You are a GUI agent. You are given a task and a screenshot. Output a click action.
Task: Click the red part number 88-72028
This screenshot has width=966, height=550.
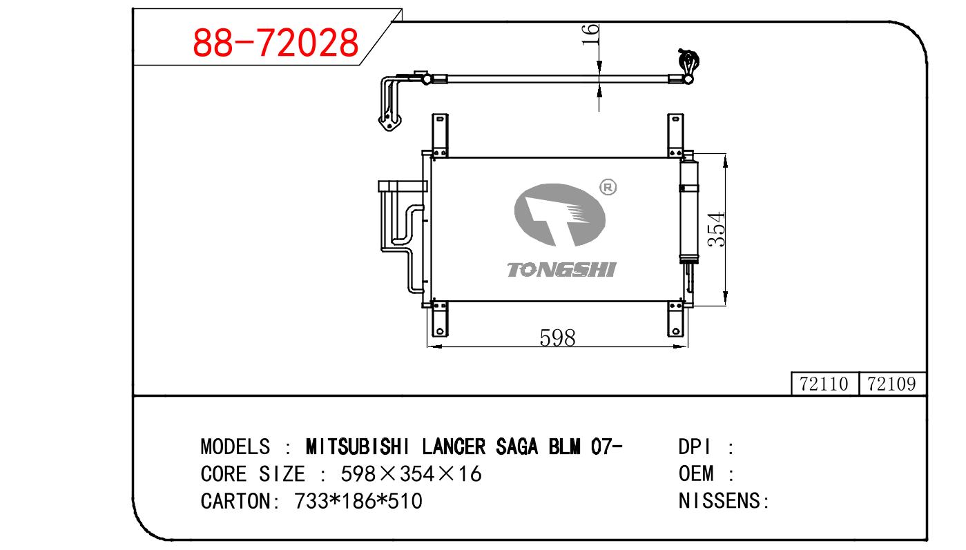(276, 43)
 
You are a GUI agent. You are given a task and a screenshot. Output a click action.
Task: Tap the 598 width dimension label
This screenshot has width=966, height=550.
(557, 337)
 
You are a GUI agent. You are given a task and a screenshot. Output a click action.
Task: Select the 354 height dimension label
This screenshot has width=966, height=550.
(717, 229)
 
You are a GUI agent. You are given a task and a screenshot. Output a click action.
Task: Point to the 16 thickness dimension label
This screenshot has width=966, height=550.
(590, 35)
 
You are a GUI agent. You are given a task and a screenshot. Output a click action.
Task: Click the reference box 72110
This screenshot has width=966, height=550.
(824, 384)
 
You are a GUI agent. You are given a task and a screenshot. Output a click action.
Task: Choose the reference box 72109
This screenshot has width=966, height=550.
(892, 384)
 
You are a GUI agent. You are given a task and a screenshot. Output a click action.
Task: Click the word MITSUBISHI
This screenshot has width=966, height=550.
(358, 446)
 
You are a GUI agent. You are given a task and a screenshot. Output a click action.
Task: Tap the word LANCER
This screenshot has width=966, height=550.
(454, 446)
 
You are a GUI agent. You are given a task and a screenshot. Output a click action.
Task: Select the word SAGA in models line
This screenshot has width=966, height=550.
(516, 446)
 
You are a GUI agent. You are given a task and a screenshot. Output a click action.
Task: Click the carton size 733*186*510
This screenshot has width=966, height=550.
(358, 501)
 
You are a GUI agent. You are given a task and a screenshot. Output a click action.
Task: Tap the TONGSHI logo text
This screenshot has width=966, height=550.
(561, 270)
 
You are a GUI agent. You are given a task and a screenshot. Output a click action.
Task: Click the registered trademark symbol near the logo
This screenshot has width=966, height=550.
(608, 188)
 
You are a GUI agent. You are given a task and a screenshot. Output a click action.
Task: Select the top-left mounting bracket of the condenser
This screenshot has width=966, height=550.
(440, 135)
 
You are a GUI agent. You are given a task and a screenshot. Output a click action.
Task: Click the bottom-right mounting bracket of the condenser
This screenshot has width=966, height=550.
(675, 319)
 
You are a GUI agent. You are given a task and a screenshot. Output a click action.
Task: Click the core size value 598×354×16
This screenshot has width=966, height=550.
(411, 473)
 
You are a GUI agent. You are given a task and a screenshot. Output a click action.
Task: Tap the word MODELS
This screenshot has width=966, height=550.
(235, 446)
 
